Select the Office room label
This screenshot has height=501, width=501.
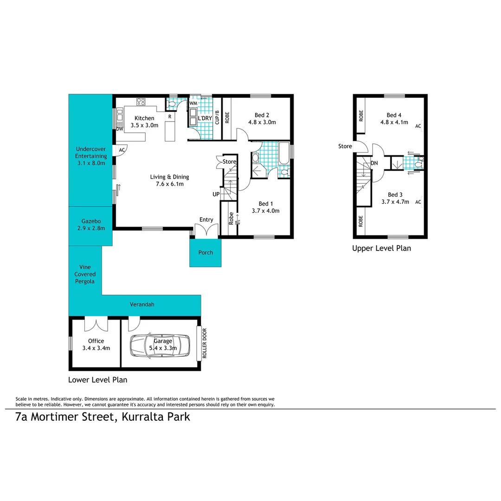click(x=96, y=341)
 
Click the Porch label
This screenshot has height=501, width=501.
click(x=206, y=252)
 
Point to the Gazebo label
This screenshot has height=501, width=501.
click(x=91, y=221)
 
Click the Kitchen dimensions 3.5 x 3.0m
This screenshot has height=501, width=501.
click(x=145, y=125)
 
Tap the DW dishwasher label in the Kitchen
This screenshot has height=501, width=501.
click(x=119, y=129)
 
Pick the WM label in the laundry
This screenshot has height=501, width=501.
click(x=193, y=103)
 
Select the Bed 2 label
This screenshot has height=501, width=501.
click(x=262, y=115)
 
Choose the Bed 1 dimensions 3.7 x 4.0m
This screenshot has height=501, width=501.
click(x=265, y=211)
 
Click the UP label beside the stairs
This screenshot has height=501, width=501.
click(x=216, y=194)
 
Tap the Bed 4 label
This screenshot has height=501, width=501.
click(x=394, y=115)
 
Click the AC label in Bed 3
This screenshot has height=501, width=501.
click(x=418, y=202)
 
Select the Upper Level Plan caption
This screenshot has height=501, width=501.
click(x=381, y=248)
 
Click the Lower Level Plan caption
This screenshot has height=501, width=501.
click(x=97, y=379)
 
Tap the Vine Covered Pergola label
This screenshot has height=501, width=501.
click(x=85, y=274)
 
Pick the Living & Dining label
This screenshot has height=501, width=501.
click(x=169, y=177)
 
